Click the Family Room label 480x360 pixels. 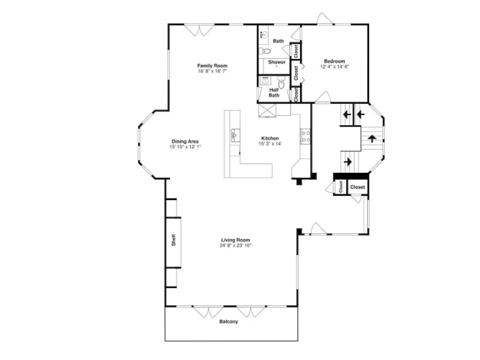212,66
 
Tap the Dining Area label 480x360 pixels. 185,142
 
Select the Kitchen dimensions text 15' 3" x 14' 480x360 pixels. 270,144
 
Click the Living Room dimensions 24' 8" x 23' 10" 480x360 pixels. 235,246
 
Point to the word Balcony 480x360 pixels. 228,321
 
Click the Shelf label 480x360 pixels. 173,240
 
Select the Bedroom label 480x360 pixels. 335,61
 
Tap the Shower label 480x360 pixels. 277,62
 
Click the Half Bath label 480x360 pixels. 274,93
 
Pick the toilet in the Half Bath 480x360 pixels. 281,82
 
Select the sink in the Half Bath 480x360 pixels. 265,81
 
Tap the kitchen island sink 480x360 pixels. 235,135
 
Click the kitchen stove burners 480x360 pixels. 306,137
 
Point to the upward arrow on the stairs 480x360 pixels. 372,138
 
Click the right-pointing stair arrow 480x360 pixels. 348,162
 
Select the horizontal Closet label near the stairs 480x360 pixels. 358,187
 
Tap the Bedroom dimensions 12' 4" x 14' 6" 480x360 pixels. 335,66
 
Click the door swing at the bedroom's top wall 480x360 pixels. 325,19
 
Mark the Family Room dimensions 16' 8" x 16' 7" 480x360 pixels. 212,71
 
